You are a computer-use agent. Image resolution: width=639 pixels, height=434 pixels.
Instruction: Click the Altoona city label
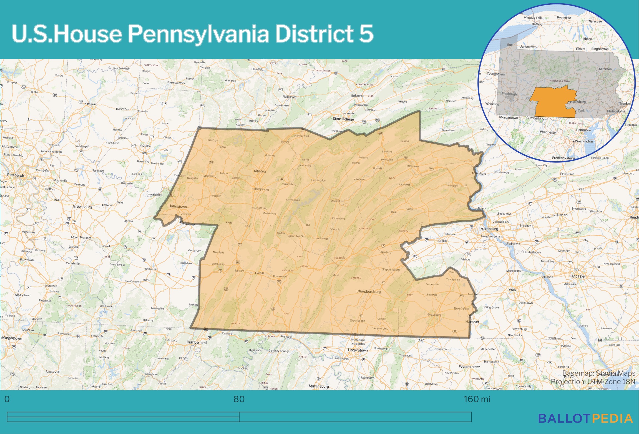click(x=260, y=171)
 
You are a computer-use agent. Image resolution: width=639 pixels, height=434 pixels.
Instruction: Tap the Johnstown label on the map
click(x=178, y=206)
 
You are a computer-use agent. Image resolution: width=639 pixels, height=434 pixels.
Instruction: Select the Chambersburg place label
click(x=368, y=291)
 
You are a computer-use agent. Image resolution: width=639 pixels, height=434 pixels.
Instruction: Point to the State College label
click(x=343, y=119)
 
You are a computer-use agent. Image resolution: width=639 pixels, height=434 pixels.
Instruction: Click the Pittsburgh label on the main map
click(x=16, y=175)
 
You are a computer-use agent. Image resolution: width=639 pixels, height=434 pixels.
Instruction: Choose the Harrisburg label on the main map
click(x=489, y=229)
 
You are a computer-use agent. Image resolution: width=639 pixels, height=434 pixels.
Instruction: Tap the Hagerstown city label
click(x=358, y=350)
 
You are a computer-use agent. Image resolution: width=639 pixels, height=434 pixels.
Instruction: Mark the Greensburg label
click(x=82, y=207)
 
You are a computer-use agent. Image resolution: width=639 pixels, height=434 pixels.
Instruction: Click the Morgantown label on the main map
click(x=12, y=338)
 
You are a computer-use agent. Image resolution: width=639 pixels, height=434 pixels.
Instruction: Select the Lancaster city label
click(x=577, y=276)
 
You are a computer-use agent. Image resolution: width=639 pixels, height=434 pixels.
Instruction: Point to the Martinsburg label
click(x=319, y=386)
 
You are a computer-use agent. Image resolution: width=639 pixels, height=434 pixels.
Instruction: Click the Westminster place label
click(x=469, y=367)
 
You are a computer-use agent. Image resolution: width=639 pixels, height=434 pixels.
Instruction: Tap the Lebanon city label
click(x=560, y=215)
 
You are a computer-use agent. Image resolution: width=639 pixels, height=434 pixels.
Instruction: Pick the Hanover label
click(x=472, y=322)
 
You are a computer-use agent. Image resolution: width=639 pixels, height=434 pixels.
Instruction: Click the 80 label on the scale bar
click(x=239, y=399)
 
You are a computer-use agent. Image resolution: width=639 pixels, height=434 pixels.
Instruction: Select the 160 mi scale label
click(x=477, y=399)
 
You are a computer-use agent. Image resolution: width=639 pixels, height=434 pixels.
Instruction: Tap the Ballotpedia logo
click(x=585, y=418)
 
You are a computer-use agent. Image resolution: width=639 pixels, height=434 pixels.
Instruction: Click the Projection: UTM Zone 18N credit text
click(x=593, y=382)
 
